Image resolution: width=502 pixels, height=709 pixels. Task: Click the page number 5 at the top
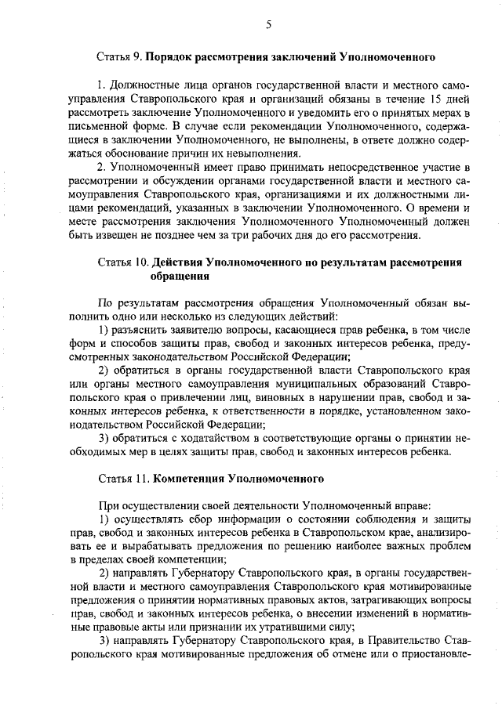267,24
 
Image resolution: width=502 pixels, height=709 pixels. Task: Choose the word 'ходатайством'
198,439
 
